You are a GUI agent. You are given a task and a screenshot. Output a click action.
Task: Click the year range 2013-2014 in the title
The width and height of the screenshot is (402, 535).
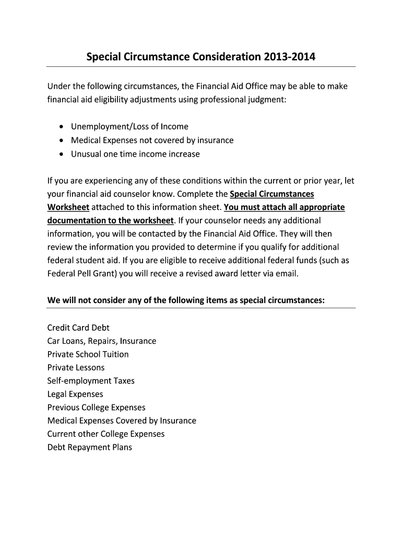[290, 56]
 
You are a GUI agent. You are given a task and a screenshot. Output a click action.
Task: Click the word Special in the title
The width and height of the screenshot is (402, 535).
[104, 56]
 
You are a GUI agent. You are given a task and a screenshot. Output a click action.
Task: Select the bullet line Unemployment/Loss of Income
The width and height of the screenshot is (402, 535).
[129, 126]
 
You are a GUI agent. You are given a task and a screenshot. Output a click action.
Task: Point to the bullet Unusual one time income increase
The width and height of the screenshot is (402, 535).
[135, 154]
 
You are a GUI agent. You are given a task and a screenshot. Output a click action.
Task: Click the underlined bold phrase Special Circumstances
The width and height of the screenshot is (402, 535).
[272, 194]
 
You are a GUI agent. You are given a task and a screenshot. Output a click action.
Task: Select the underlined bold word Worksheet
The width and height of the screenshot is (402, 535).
[68, 207]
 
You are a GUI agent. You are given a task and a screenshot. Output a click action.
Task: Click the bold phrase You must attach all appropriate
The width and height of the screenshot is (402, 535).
[284, 207]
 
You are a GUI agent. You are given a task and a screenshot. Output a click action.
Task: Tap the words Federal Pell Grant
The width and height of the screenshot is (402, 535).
[83, 273]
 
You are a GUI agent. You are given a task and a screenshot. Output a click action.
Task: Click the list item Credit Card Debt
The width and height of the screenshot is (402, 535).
[78, 328]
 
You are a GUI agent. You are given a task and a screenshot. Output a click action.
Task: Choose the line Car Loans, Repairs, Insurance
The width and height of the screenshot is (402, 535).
[102, 341]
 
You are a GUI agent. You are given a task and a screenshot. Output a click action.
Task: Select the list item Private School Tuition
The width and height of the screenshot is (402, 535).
[88, 354]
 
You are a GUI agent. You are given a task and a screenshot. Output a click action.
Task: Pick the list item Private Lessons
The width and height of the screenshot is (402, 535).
[76, 368]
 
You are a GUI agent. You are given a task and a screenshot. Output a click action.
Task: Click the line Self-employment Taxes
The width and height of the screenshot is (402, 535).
[91, 381]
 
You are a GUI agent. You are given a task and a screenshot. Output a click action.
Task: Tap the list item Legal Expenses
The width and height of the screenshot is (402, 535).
[75, 394]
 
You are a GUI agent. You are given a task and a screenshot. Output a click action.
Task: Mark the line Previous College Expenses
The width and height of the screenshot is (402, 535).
[96, 408]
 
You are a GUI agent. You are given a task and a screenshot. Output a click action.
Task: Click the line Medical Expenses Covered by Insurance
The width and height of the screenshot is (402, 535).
[122, 421]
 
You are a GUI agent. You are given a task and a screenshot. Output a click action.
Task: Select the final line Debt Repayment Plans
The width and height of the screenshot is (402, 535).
[90, 447]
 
